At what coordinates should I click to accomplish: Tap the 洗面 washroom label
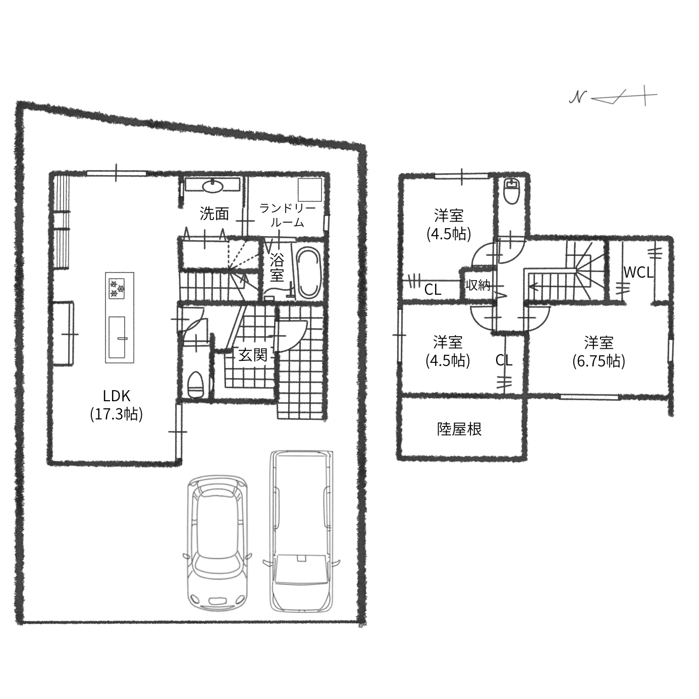[214, 214]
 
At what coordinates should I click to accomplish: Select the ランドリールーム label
[287, 215]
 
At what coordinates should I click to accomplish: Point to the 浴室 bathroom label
[277, 268]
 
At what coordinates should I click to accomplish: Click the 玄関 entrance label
[253, 355]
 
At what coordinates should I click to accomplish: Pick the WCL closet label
[638, 273]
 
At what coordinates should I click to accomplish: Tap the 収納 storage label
[478, 286]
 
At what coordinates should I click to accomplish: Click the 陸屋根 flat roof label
[459, 429]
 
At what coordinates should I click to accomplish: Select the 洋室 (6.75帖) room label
[599, 352]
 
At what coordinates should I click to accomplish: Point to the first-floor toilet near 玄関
[195, 385]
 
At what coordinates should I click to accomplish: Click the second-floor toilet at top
[512, 191]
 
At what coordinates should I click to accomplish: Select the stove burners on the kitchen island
[117, 288]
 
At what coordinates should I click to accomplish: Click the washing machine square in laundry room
[310, 190]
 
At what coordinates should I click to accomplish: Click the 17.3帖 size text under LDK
[117, 414]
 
